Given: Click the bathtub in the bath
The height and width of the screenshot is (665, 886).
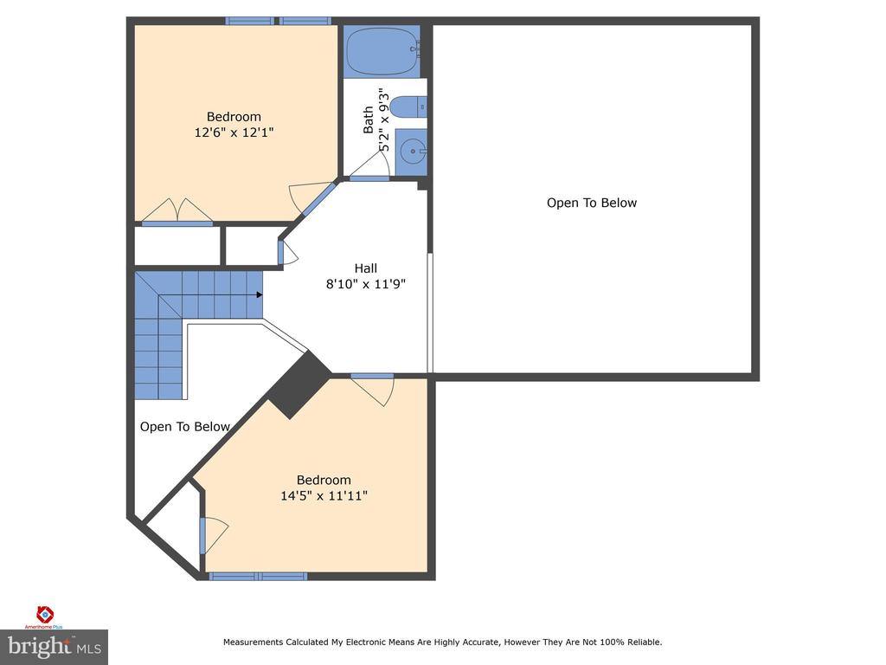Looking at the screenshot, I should pyautogui.click(x=381, y=52).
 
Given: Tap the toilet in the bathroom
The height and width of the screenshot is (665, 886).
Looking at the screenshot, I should pyautogui.click(x=408, y=107).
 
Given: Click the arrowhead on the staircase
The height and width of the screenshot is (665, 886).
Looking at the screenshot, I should pyautogui.click(x=259, y=294).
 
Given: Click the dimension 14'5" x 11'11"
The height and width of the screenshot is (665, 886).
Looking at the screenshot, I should pyautogui.click(x=324, y=495).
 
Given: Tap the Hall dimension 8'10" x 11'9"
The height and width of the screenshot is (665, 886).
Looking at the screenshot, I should pyautogui.click(x=365, y=284).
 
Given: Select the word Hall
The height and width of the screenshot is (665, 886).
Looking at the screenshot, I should pyautogui.click(x=365, y=268).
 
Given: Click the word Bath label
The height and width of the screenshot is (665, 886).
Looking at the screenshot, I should pyautogui.click(x=369, y=119).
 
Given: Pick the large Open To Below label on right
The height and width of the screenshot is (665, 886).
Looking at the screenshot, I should pyautogui.click(x=591, y=203).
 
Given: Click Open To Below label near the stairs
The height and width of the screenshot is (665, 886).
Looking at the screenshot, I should pyautogui.click(x=185, y=426).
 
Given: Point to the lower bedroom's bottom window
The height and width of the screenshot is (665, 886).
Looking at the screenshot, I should pyautogui.click(x=258, y=576).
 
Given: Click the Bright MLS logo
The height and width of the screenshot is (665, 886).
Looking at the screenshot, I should pyautogui.click(x=54, y=646).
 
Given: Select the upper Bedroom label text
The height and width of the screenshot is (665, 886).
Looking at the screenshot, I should pyautogui.click(x=234, y=117).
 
